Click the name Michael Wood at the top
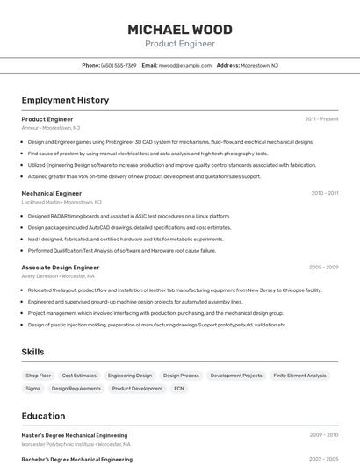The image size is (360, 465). click(179, 29)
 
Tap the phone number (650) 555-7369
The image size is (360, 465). click(119, 65)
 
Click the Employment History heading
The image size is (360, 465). click(65, 100)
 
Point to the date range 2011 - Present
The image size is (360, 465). click(321, 118)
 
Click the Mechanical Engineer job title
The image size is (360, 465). click(51, 193)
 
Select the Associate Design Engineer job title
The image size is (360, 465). click(60, 267)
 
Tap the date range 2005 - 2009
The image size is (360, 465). click(323, 267)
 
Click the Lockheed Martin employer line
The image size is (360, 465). click(61, 202)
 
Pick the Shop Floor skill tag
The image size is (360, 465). click(39, 376)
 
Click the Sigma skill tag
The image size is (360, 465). click(33, 388)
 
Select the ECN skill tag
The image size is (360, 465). click(179, 388)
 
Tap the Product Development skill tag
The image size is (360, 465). click(137, 388)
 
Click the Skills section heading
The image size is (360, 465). click(33, 352)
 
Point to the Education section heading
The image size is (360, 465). click(43, 416)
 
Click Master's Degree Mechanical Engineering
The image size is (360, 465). click(74, 435)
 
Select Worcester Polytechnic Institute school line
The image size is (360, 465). click(76, 444)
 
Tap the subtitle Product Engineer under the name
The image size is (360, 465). click(179, 43)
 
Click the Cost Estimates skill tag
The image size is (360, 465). click(79, 376)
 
